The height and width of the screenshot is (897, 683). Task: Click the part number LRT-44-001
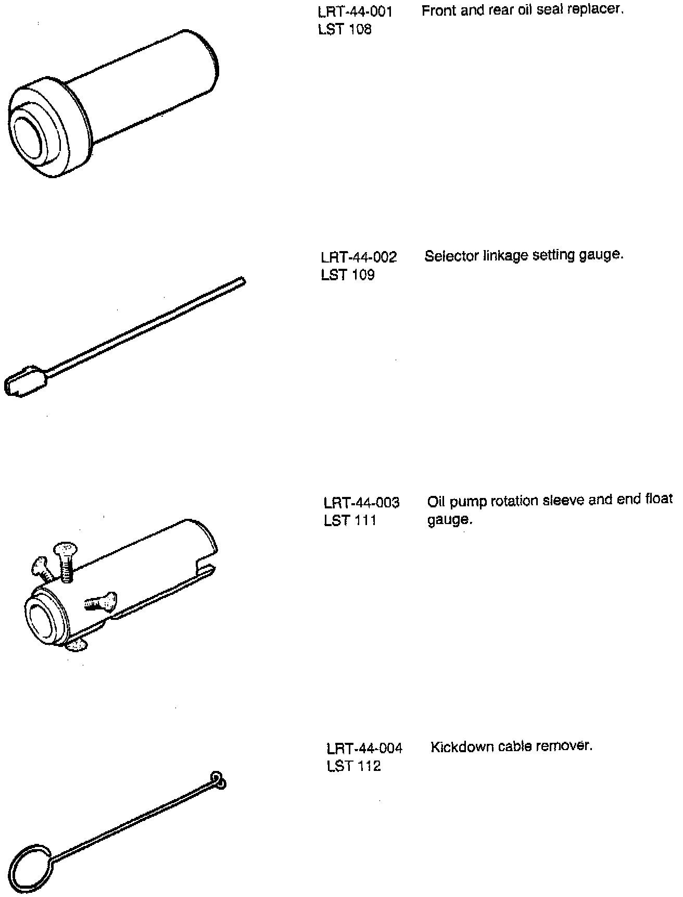pyautogui.click(x=355, y=11)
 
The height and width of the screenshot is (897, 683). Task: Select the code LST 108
pyautogui.click(x=345, y=30)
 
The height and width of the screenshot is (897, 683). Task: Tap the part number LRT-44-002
pyautogui.click(x=359, y=257)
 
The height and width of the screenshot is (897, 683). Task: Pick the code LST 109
pyautogui.click(x=348, y=275)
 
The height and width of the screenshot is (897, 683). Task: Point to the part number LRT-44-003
pyautogui.click(x=361, y=503)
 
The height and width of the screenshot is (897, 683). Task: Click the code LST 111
pyautogui.click(x=350, y=520)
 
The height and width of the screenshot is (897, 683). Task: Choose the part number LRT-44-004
pyautogui.click(x=364, y=749)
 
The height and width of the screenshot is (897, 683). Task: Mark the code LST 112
pyautogui.click(x=353, y=766)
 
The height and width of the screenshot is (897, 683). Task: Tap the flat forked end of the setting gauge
pyautogui.click(x=23, y=382)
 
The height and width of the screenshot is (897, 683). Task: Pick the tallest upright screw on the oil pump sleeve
pyautogui.click(x=65, y=561)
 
